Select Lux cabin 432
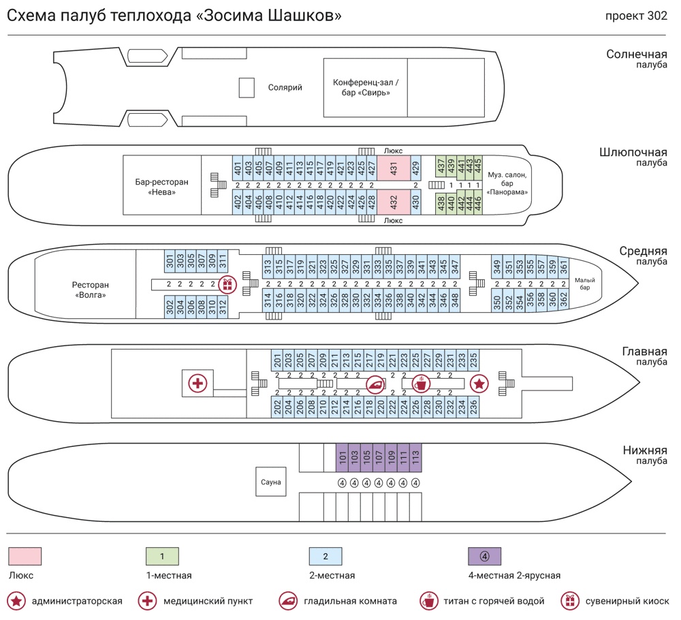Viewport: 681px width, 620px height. click(x=394, y=202)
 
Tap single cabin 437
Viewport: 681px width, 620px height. click(x=441, y=165)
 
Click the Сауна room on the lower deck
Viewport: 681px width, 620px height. click(x=270, y=482)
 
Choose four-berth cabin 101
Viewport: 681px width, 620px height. click(x=343, y=456)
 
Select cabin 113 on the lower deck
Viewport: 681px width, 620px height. click(x=415, y=456)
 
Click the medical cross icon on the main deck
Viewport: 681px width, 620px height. click(x=197, y=384)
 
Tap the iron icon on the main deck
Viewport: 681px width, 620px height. click(x=375, y=384)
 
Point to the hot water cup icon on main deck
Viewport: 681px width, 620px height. click(x=422, y=384)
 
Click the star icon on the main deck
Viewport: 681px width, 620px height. click(x=479, y=384)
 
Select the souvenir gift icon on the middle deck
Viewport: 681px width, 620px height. click(x=227, y=284)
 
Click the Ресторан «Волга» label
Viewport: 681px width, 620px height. click(x=90, y=290)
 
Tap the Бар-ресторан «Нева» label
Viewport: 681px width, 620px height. click(x=161, y=187)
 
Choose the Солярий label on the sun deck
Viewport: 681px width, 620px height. click(x=285, y=87)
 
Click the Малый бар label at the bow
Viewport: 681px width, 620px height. click(x=585, y=283)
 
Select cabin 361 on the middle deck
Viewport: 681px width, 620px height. click(x=563, y=264)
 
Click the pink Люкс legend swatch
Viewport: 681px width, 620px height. click(x=25, y=556)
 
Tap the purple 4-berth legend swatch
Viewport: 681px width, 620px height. click(x=484, y=556)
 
